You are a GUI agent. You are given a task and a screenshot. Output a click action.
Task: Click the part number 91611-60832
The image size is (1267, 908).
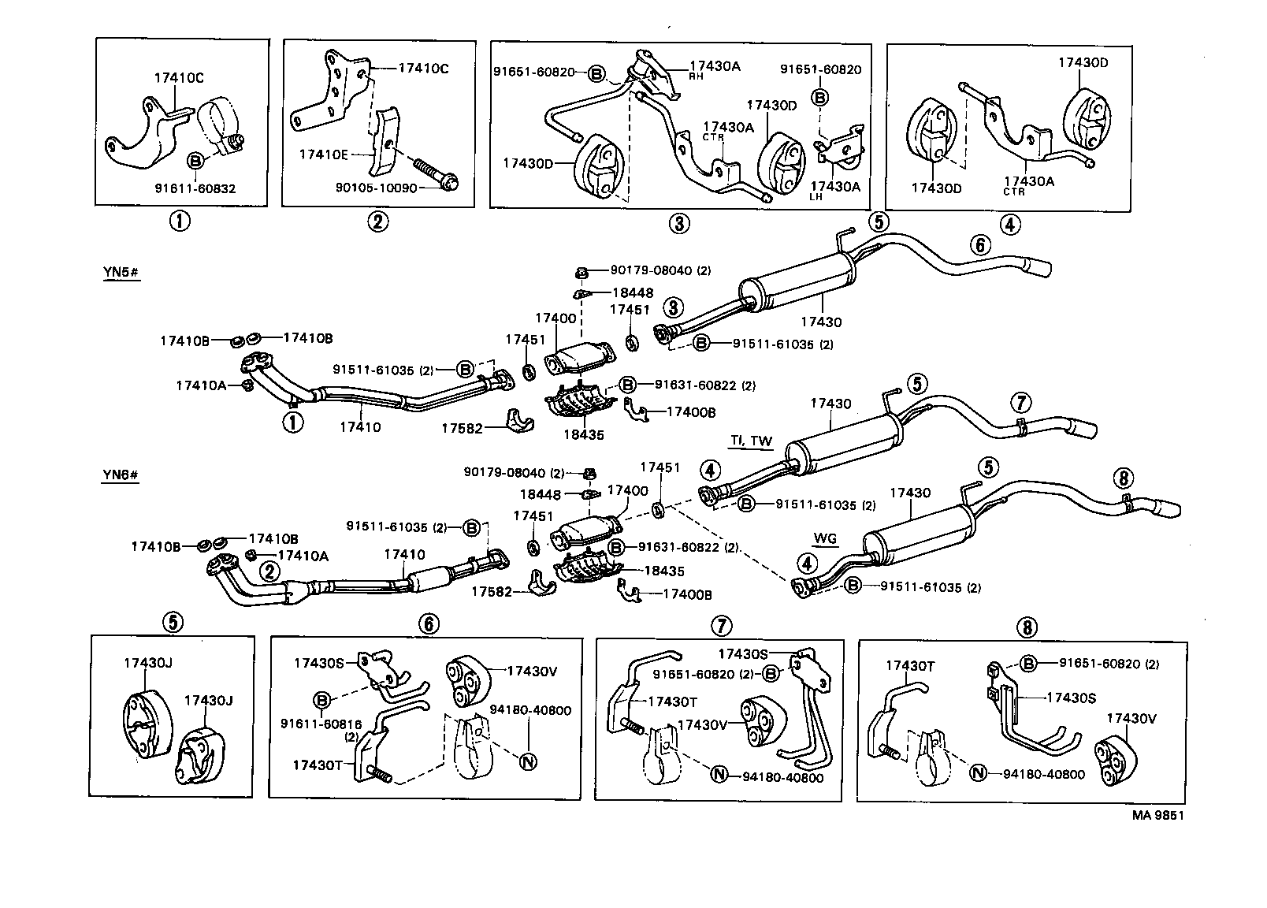click(x=195, y=189)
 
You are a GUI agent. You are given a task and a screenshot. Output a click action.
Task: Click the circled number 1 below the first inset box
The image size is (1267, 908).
click(x=180, y=221)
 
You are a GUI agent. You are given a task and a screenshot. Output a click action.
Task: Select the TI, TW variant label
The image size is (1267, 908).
click(x=751, y=441)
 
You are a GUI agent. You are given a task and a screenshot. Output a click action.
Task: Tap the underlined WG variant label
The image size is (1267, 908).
click(x=825, y=539)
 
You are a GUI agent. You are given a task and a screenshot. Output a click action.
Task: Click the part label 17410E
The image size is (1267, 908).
click(x=323, y=154)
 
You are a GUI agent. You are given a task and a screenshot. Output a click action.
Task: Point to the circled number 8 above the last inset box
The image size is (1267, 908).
click(x=1027, y=627)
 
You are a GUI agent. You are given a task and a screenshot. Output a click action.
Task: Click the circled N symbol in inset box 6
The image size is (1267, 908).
click(x=527, y=761)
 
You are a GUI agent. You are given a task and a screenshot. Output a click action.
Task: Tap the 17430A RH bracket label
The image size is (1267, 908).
click(x=715, y=68)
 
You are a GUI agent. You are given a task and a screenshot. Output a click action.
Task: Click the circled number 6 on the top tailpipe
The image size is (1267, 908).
click(x=979, y=245)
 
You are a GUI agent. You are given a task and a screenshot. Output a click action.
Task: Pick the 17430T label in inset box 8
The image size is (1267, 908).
click(x=910, y=665)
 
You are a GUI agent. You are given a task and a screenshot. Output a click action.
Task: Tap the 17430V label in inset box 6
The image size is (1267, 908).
click(x=532, y=672)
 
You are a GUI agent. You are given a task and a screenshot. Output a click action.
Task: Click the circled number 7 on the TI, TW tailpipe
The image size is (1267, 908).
click(x=1020, y=403)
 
